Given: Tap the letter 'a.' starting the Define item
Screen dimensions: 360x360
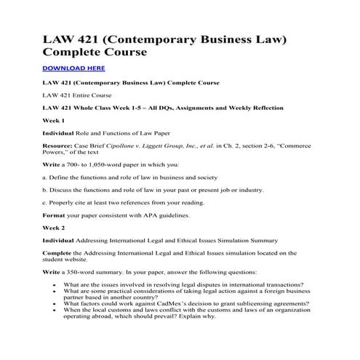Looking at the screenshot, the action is click(46, 177).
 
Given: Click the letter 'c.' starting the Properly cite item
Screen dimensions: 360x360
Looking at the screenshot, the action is click(46, 202).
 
